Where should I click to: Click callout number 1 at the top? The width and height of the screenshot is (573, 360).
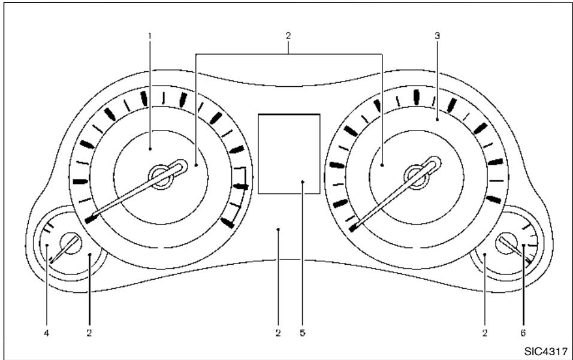(x=149, y=36)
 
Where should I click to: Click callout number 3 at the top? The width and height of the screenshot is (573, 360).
(x=437, y=36)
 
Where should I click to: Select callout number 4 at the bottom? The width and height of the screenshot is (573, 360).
(x=46, y=333)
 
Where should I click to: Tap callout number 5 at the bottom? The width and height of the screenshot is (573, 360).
(x=303, y=333)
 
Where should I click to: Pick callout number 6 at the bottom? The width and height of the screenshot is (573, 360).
(x=523, y=333)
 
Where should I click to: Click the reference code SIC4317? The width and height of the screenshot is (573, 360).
(x=546, y=352)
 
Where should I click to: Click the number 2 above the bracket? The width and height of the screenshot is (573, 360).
(x=288, y=36)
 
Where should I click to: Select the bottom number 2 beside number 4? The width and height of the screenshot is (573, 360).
(x=89, y=333)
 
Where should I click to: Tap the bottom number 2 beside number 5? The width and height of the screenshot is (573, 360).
(x=279, y=333)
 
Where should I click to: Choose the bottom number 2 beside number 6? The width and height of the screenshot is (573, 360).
(x=484, y=333)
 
